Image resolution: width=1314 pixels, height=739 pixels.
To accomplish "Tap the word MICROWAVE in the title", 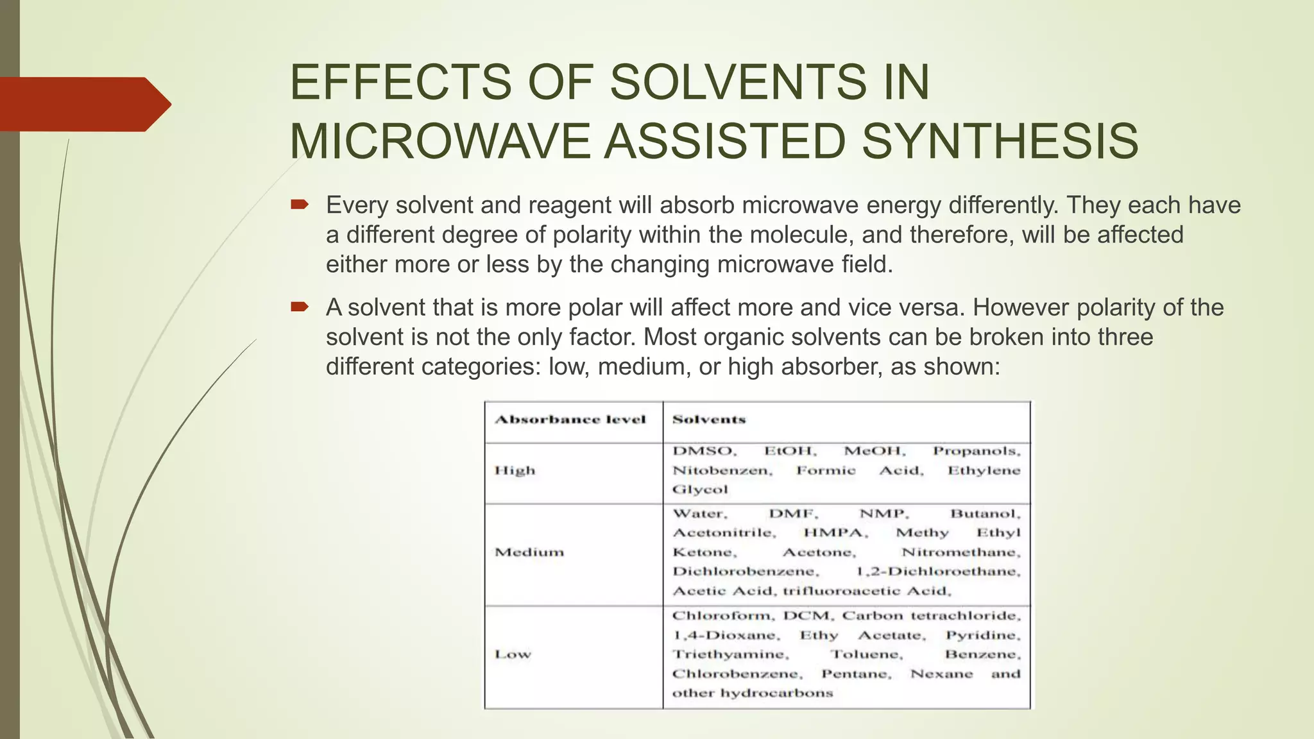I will (x=439, y=142).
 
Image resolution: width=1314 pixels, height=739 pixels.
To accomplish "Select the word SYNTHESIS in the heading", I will (x=1000, y=142).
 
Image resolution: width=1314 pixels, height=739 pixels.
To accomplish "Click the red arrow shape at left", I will (x=83, y=105).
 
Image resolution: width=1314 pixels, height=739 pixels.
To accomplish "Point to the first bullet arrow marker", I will (x=300, y=205).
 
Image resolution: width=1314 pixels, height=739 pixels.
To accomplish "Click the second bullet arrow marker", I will (x=300, y=307).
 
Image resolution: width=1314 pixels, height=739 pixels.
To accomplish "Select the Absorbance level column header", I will (x=570, y=420).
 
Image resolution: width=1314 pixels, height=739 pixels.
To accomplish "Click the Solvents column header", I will (x=709, y=420).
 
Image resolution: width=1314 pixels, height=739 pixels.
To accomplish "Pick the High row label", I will (x=515, y=470).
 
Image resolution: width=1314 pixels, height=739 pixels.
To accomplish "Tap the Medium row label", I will (x=529, y=552).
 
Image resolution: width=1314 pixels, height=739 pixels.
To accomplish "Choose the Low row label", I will (x=513, y=654).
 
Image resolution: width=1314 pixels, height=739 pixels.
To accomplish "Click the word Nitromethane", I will (x=960, y=552).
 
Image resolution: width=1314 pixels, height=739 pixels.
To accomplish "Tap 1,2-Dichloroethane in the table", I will (x=938, y=572).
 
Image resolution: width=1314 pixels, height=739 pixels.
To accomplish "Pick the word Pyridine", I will (x=982, y=635).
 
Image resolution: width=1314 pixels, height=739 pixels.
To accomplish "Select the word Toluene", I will (x=866, y=654).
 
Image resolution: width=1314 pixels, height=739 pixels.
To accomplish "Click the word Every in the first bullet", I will (x=357, y=205).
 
